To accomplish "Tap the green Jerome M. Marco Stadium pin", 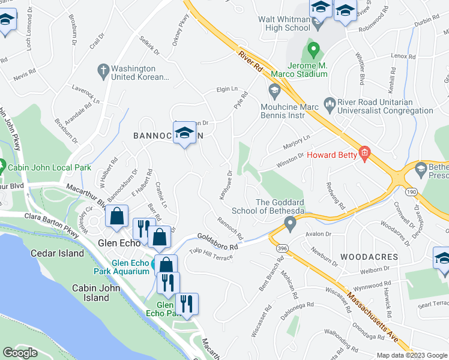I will point(312,47).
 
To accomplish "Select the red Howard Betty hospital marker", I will point(364,154).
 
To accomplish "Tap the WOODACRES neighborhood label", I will point(369,257).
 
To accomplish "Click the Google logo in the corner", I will point(20,353).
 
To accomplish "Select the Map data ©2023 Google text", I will point(412,355).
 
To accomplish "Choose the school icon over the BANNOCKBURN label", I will point(185,133).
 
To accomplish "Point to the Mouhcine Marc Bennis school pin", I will point(274,91).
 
